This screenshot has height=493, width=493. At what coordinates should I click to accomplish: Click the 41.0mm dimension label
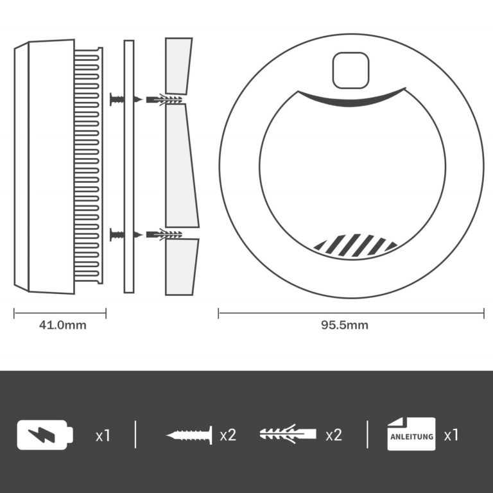(62, 325)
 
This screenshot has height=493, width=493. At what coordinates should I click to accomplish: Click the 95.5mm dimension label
(345, 325)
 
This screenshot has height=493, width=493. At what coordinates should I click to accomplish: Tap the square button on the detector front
(351, 70)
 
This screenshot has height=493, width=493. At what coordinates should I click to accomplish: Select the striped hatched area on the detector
(355, 245)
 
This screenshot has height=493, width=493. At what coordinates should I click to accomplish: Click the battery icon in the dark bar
(44, 435)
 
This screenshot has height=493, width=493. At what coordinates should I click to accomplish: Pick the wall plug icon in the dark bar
(288, 435)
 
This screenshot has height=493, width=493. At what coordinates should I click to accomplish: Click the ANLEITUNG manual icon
(411, 435)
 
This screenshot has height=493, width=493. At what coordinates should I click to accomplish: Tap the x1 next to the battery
(103, 435)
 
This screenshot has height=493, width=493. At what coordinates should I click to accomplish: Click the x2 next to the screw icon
(228, 435)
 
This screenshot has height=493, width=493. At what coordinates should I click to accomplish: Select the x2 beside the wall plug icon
(334, 435)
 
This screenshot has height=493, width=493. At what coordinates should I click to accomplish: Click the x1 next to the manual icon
(451, 435)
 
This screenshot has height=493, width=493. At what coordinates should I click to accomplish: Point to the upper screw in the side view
(117, 99)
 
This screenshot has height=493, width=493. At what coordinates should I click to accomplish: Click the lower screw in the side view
(117, 234)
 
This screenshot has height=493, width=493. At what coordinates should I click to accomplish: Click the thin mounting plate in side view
(129, 167)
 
